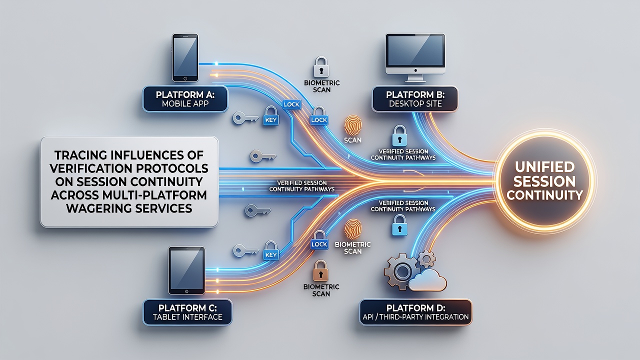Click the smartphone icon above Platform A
pos(185,57)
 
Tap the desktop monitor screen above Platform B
pos(415,50)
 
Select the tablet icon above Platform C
pos(187,270)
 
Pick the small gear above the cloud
pos(426,259)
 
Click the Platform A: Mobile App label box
pos(185,99)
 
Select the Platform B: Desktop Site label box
pos(415,99)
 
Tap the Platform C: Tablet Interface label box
pos(187,312)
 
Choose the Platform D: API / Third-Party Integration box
pos(415,312)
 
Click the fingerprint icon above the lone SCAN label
pos(353,125)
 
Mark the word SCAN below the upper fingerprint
pos(352,140)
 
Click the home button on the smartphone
pos(185,78)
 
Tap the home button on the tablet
pos(187,291)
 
